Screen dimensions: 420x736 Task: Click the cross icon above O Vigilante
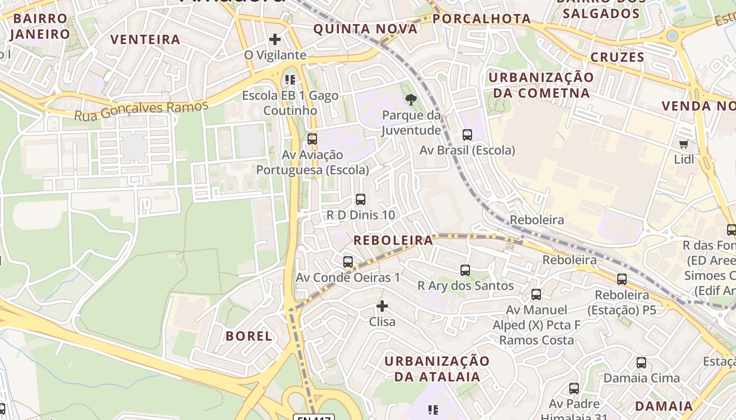[274, 39]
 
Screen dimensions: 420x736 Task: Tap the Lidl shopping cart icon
[683, 144]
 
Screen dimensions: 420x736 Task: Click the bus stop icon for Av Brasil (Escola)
[467, 135]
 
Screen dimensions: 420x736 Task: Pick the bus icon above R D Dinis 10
[360, 199]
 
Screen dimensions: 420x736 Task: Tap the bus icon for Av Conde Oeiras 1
[347, 262]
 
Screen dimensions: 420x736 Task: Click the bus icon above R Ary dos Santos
[465, 270]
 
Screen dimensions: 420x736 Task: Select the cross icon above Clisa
[382, 306]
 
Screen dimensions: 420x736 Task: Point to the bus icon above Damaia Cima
[641, 363]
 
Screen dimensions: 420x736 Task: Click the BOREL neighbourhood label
[249, 336]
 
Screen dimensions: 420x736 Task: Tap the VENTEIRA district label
[146, 39]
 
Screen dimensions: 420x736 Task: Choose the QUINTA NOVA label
[365, 29]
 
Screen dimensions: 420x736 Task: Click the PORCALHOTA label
[482, 19]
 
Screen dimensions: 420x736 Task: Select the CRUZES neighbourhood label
[617, 57]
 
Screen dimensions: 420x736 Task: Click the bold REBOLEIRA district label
[393, 240]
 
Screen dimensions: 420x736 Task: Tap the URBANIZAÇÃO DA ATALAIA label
[437, 369]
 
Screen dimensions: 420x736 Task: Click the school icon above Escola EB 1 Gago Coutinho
[290, 80]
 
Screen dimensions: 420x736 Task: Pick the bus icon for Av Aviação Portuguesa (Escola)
[312, 139]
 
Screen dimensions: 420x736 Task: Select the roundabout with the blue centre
[672, 36]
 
